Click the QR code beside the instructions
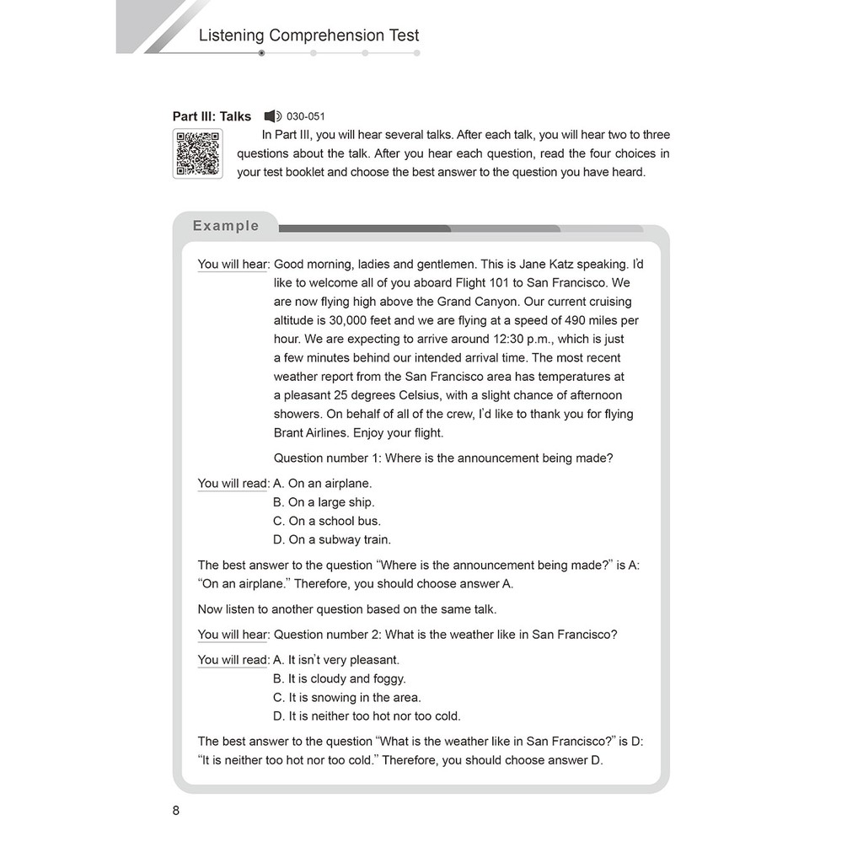tap(198, 153)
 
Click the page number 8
tap(175, 811)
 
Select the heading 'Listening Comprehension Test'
tap(308, 35)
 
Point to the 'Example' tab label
tap(226, 226)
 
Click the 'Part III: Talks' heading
tap(212, 116)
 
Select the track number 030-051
tap(306, 116)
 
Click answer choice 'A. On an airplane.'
tap(323, 484)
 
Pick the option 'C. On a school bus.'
tap(327, 521)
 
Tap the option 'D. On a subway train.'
tap(332, 539)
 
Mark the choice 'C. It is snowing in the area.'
tap(347, 697)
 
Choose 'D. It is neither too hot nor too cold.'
tap(367, 716)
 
